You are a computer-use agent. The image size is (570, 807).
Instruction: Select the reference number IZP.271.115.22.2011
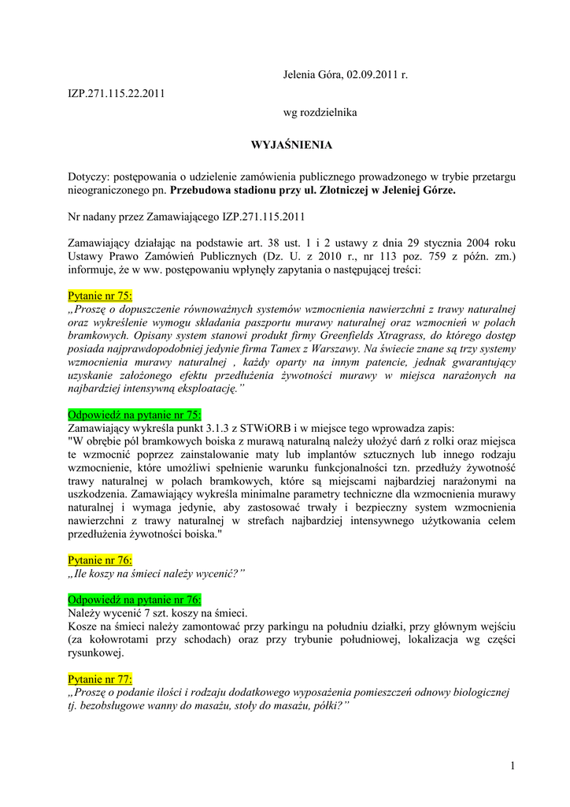click(117, 93)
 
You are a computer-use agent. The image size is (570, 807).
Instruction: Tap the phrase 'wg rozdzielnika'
click(320, 113)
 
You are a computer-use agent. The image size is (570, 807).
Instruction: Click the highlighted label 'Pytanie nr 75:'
click(100, 296)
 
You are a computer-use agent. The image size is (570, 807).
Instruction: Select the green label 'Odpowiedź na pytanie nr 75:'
click(135, 414)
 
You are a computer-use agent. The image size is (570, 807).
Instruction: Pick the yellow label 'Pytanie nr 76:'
click(100, 560)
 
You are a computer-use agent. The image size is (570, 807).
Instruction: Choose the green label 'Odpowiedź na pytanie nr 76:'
click(135, 599)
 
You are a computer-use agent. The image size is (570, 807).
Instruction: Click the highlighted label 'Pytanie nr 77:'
click(100, 679)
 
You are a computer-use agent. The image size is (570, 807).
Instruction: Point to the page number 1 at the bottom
click(512, 767)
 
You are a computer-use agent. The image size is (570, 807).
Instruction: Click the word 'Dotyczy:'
click(89, 177)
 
